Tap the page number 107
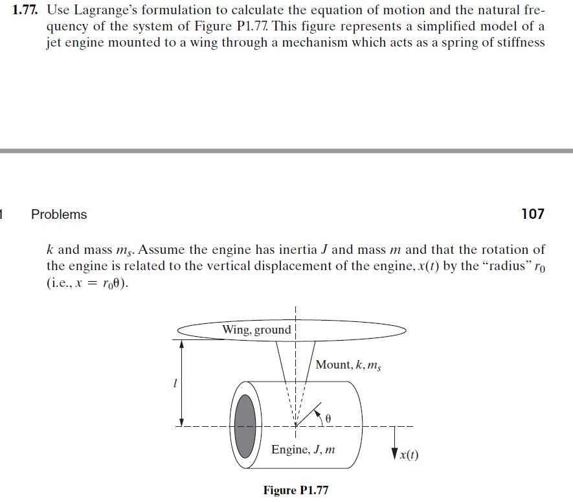(x=532, y=214)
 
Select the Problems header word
(x=59, y=214)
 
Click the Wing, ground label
(x=256, y=330)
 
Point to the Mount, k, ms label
(x=348, y=365)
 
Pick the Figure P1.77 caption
(x=296, y=490)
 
